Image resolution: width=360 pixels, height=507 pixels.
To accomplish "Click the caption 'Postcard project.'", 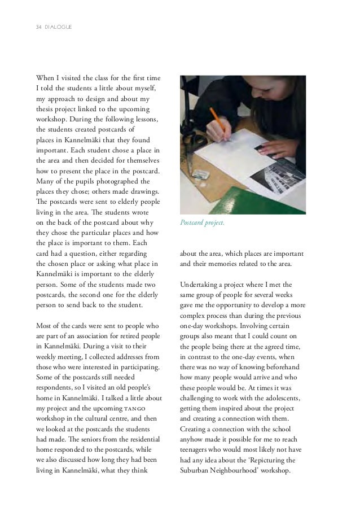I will tap(202, 224).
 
